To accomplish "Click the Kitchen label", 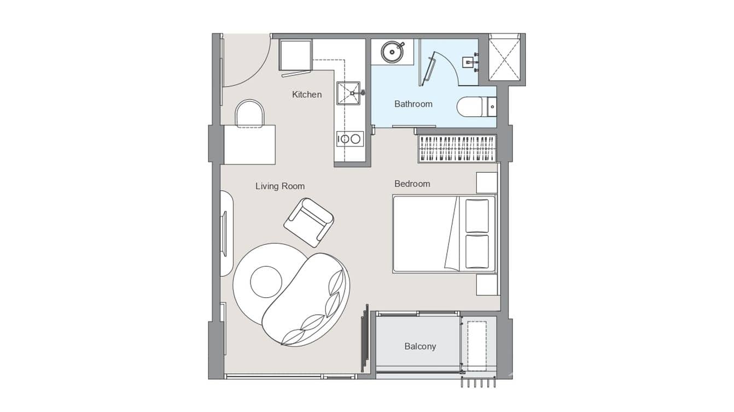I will [x=307, y=95].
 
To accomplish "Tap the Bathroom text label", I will [x=413, y=104].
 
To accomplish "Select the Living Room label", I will [x=280, y=186].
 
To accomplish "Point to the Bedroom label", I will [x=412, y=184].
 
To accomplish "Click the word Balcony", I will [x=420, y=346].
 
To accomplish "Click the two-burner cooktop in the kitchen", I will [x=349, y=139].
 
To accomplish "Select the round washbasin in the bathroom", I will [x=392, y=52].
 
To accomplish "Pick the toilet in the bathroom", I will [x=473, y=107].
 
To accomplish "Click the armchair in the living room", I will [x=308, y=222].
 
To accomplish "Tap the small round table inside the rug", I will [x=266, y=281].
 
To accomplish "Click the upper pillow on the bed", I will [x=476, y=216].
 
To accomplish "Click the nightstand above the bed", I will [x=486, y=183].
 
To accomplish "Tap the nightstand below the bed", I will [x=486, y=285].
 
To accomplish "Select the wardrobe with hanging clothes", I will [x=458, y=149].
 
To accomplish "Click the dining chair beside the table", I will [x=249, y=113].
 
